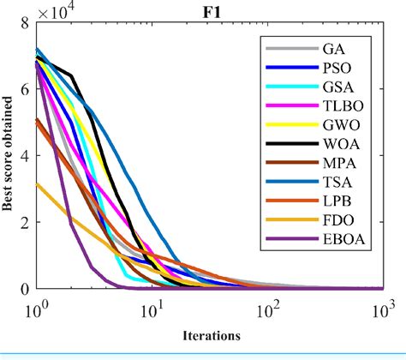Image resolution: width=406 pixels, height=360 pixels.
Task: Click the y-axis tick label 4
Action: [27, 156]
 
